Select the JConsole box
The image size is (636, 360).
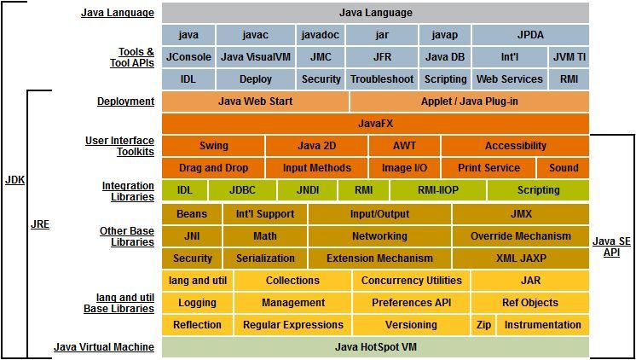pyautogui.click(x=188, y=57)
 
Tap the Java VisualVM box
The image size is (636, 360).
pyautogui.click(x=257, y=57)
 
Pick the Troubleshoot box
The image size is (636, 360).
pyautogui.click(x=382, y=79)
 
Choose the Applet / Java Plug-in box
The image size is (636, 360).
pyautogui.click(x=469, y=102)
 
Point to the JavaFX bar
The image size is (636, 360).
pyautogui.click(x=374, y=124)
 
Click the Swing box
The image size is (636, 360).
pyautogui.click(x=213, y=146)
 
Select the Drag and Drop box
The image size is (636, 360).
pyautogui.click(x=213, y=168)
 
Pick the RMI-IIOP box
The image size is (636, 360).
pyautogui.click(x=438, y=190)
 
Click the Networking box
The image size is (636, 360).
pyautogui.click(x=379, y=236)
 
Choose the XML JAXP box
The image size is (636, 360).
pyautogui.click(x=520, y=258)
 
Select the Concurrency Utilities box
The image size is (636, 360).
pyautogui.click(x=411, y=281)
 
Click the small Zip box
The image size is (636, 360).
pyautogui.click(x=483, y=325)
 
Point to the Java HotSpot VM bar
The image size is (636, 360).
pyautogui.click(x=374, y=347)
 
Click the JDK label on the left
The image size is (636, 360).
pyautogui.click(x=14, y=182)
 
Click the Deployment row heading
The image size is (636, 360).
pyautogui.click(x=125, y=102)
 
